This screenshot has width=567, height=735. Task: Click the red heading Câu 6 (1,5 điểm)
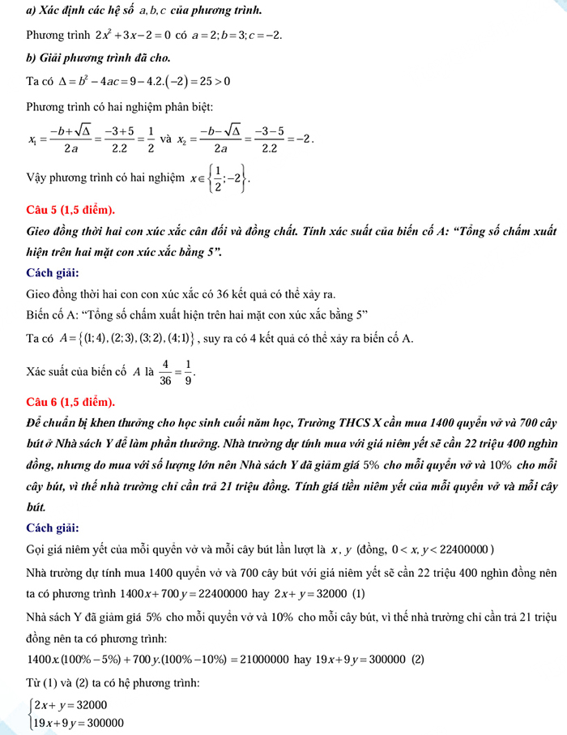point(70,402)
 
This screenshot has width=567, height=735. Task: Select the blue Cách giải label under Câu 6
point(53,528)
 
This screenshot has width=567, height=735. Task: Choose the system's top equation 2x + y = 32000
point(69,705)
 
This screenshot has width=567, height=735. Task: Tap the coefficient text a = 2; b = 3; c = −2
point(236,37)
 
